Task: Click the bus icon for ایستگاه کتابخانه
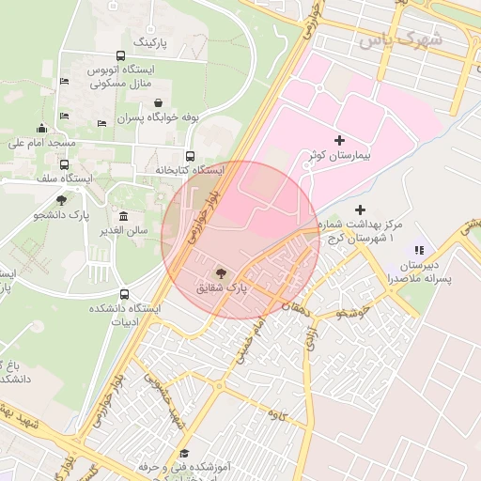pyautogui.click(x=191, y=156)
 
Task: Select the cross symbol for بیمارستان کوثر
pyautogui.click(x=339, y=140)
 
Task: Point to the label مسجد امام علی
pyautogui.click(x=41, y=144)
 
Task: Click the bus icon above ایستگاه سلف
pyautogui.click(x=65, y=163)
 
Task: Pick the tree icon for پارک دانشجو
pyautogui.click(x=62, y=200)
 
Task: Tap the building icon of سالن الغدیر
pyautogui.click(x=124, y=216)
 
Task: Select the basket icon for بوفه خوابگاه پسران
pyautogui.click(x=157, y=104)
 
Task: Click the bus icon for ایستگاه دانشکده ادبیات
pyautogui.click(x=125, y=293)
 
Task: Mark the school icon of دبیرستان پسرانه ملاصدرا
pyautogui.click(x=419, y=251)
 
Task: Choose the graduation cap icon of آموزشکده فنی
pyautogui.click(x=183, y=454)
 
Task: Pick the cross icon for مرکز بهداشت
pyautogui.click(x=362, y=209)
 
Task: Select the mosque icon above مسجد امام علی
pyautogui.click(x=41, y=129)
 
